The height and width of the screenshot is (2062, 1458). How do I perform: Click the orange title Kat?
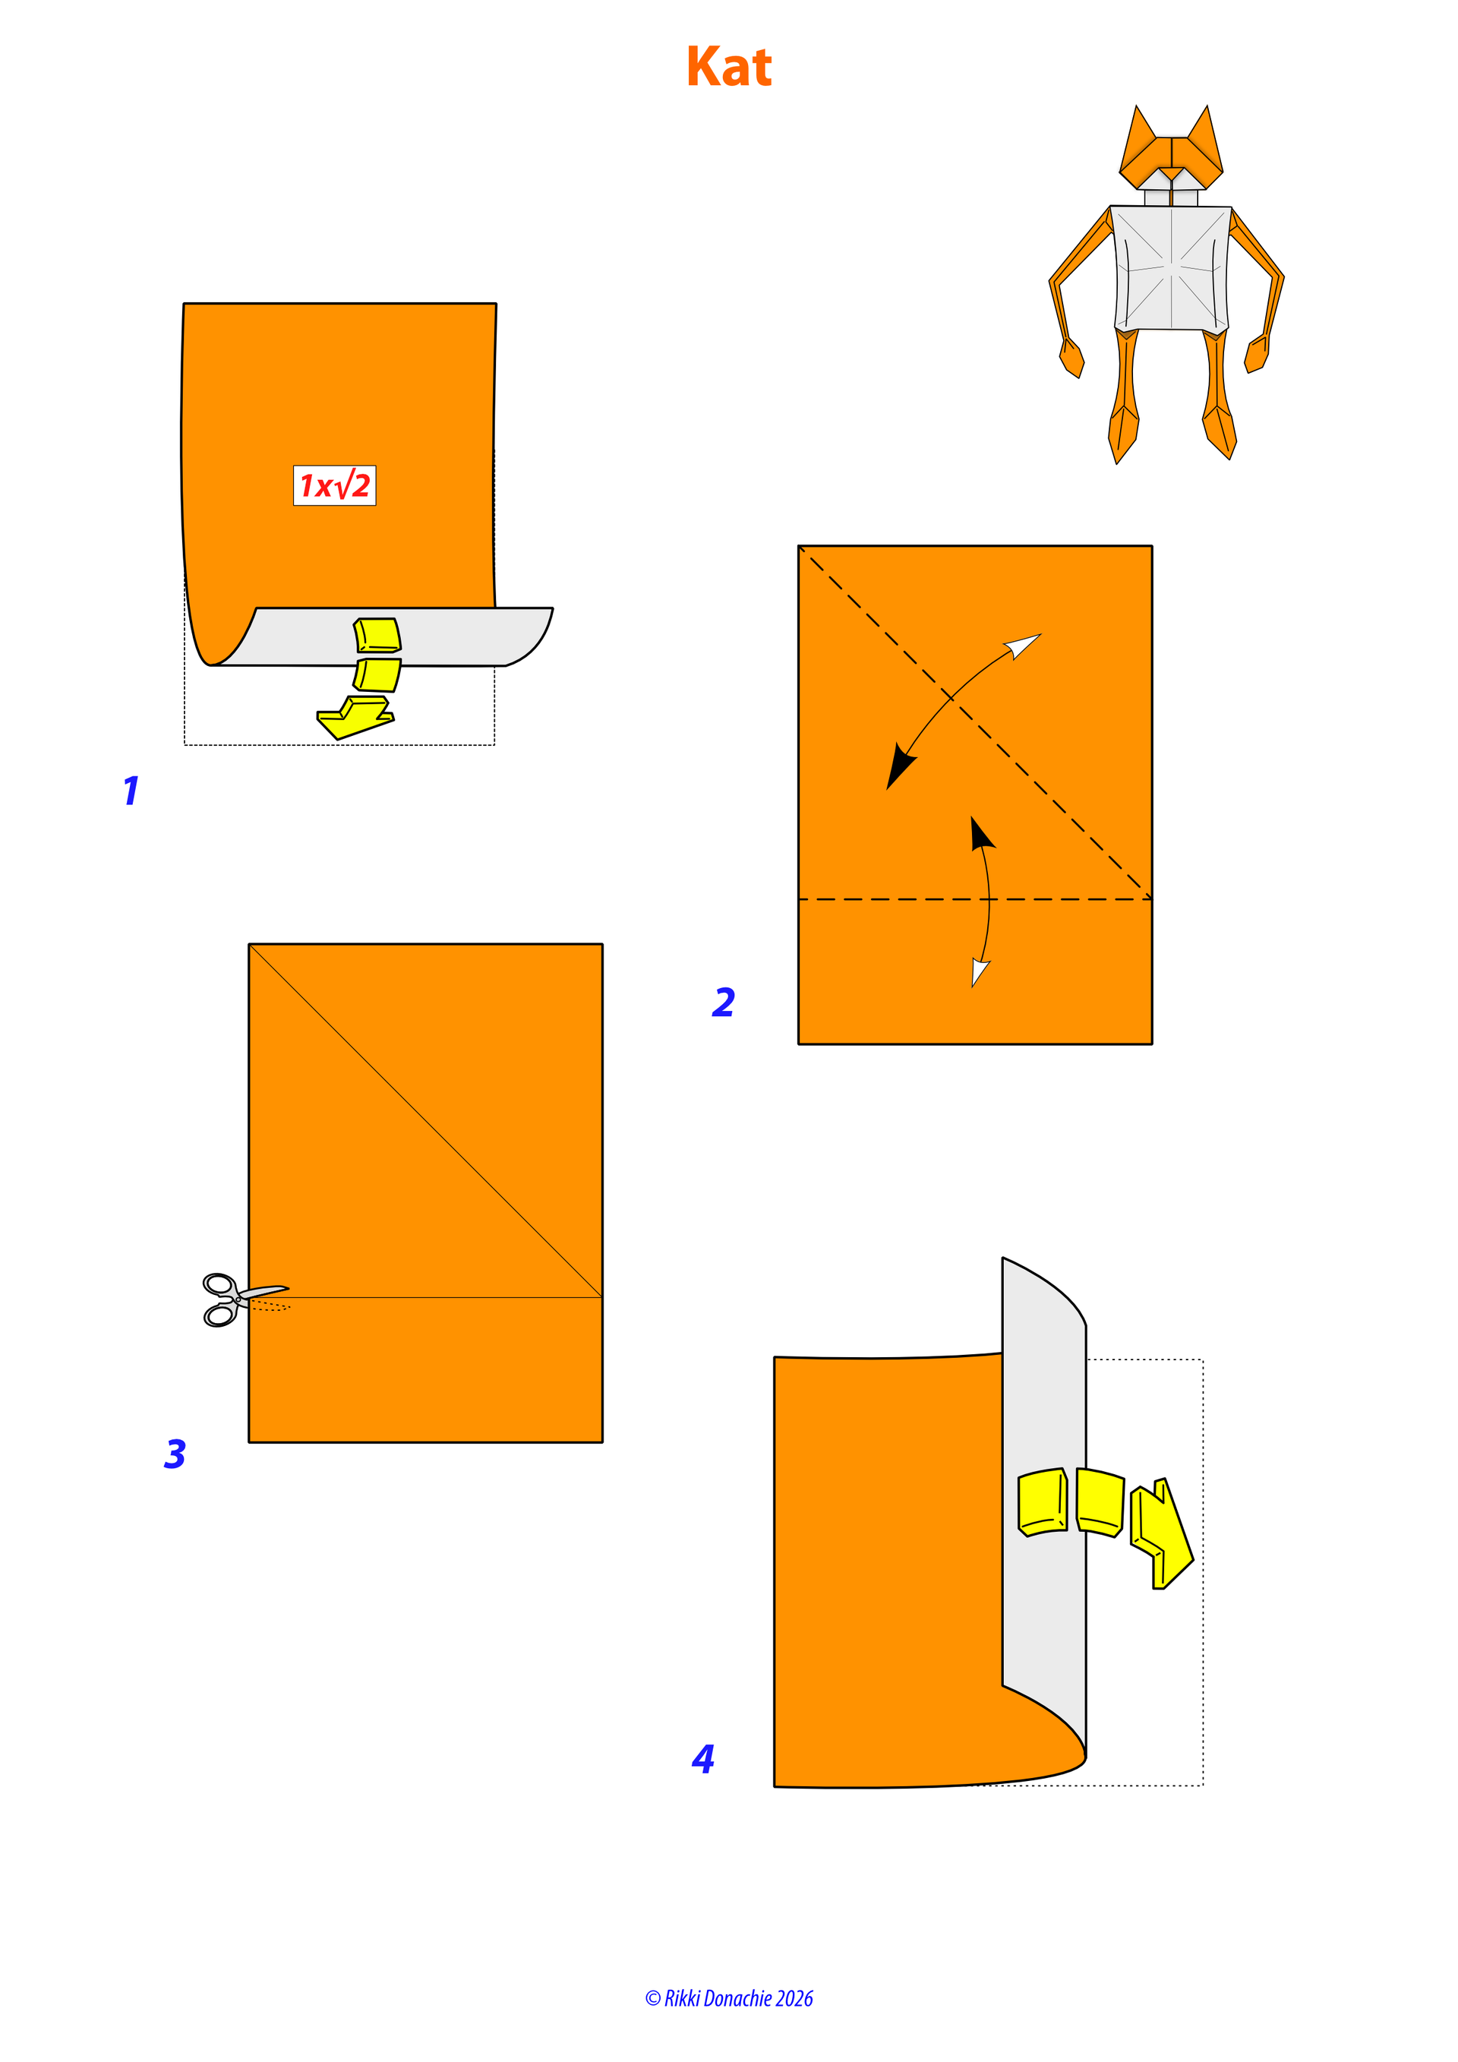[x=729, y=68]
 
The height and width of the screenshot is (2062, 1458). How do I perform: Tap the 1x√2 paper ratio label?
[x=335, y=486]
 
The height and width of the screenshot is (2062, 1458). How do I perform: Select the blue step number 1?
[x=131, y=791]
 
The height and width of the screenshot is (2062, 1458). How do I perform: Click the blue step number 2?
[x=724, y=1003]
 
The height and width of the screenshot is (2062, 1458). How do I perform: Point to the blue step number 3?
[x=175, y=1454]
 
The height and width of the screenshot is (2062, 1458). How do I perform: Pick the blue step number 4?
[x=703, y=1758]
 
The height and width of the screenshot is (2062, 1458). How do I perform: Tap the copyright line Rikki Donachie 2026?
[x=729, y=1998]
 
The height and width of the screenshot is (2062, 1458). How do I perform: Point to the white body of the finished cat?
[x=1172, y=267]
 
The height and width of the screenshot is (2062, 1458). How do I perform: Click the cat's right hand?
[x=1256, y=354]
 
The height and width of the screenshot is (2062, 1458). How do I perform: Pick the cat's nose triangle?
[x=1172, y=172]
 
